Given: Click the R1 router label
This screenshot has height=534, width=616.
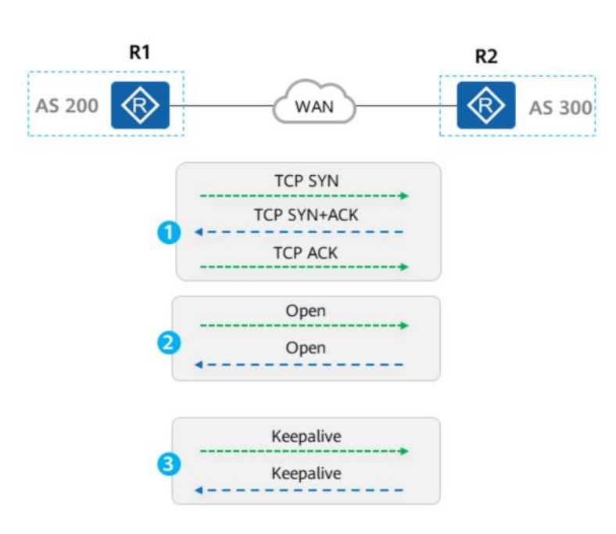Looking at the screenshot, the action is coord(140,52).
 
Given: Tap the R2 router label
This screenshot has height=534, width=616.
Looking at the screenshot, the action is coord(486,56).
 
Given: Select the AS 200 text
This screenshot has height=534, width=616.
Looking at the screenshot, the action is coord(66,106).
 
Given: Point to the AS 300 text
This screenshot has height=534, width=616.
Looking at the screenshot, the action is coord(560,108).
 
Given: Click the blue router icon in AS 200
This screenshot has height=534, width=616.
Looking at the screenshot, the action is coord(140,106).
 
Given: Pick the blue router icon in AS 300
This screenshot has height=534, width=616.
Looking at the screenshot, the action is coord(486,106).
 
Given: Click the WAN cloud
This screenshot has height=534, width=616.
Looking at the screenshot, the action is coord(314,102).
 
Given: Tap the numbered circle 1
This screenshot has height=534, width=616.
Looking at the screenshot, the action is coord(169,232).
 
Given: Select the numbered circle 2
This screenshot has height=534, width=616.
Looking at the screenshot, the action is coord(169,342).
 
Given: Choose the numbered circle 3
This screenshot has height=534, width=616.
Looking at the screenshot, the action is coord(169,464).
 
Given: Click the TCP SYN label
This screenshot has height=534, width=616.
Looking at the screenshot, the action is coord(306,181).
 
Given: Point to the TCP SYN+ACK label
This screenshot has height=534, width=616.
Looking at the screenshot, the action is coord(306,215).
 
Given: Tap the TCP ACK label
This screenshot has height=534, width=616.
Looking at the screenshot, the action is coord(306,253).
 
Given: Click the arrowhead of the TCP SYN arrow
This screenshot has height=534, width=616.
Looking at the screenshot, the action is coord(404,195).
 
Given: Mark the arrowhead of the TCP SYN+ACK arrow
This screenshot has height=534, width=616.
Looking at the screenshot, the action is coord(199,232).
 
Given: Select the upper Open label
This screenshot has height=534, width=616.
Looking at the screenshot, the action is coord(306,311).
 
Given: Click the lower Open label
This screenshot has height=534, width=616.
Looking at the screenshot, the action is coord(306,348).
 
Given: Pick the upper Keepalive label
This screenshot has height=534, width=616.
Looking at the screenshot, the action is coord(306,436).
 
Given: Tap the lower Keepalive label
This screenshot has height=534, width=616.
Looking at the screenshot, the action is coord(306,473).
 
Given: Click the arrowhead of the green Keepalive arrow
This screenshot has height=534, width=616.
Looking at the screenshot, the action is coord(404,451).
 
